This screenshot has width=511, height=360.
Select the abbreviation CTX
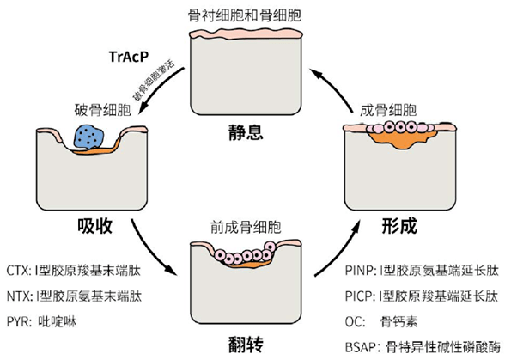[18, 270]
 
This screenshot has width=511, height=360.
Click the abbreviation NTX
[18, 295]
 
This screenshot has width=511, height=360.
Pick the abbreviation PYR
[18, 320]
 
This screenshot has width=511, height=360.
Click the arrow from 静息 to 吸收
[159, 95]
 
